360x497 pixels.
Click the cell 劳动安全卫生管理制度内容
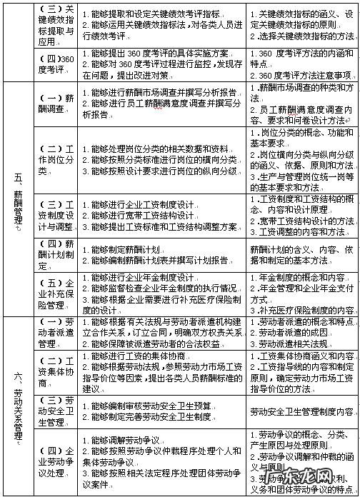click(303, 412)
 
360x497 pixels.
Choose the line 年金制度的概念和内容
click(301, 276)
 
